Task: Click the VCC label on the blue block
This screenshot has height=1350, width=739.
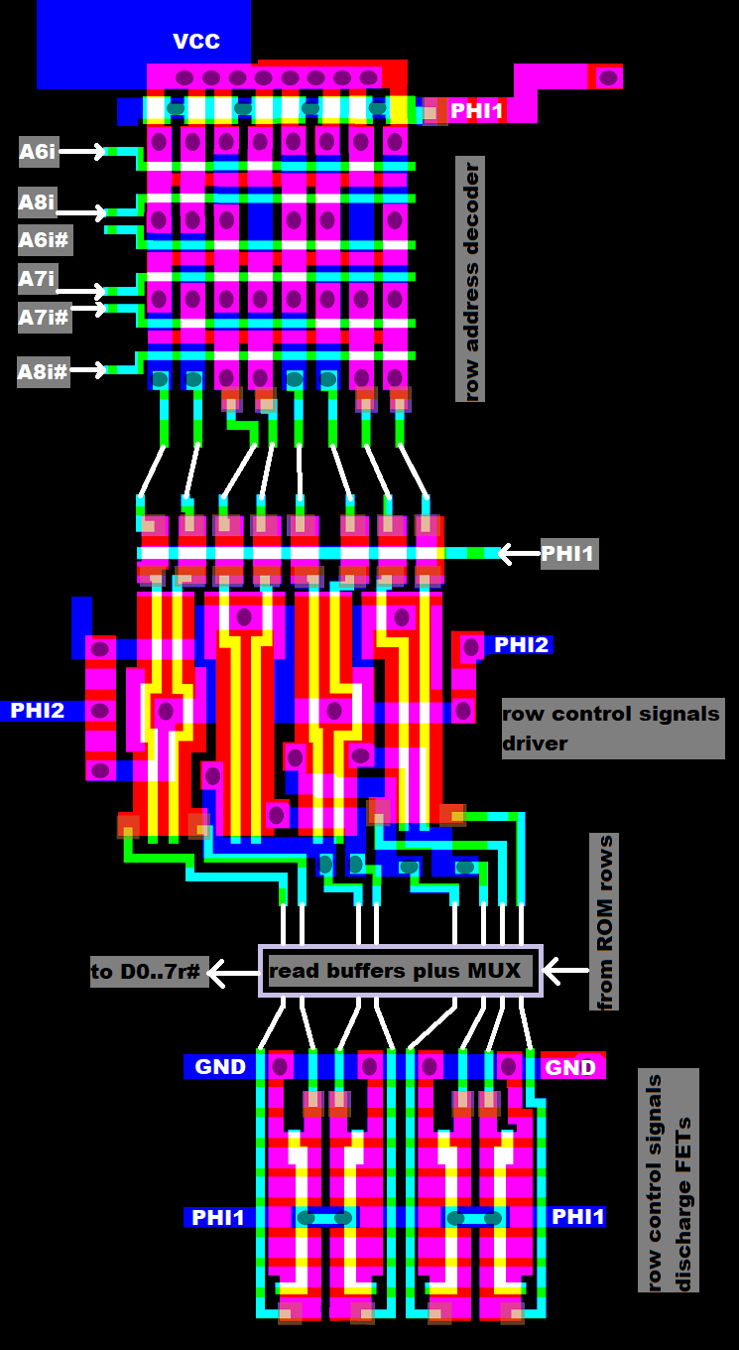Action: (x=196, y=42)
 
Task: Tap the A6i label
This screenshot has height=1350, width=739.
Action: (x=38, y=152)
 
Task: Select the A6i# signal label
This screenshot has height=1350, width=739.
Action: (x=46, y=240)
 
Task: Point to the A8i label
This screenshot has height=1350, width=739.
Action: (x=38, y=203)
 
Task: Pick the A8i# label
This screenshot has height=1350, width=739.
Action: (x=44, y=372)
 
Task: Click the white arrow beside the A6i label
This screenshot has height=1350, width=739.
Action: (x=84, y=152)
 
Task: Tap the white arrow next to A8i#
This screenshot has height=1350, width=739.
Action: (x=89, y=370)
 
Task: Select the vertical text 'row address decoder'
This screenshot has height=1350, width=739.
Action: (x=470, y=279)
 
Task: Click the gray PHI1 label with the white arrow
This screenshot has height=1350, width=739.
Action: (x=568, y=554)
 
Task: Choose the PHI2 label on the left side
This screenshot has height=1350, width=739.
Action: (x=38, y=711)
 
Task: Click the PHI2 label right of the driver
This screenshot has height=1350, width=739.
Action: (x=521, y=645)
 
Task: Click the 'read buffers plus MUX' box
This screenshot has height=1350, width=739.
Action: (x=401, y=971)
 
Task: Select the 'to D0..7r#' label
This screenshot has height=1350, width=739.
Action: (x=149, y=973)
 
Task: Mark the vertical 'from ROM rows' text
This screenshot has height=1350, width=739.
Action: (x=604, y=923)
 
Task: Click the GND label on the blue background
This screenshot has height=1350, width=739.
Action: (x=220, y=1067)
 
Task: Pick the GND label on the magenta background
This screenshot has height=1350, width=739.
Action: (x=571, y=1068)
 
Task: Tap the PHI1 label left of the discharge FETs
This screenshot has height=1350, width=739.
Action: (x=219, y=1217)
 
